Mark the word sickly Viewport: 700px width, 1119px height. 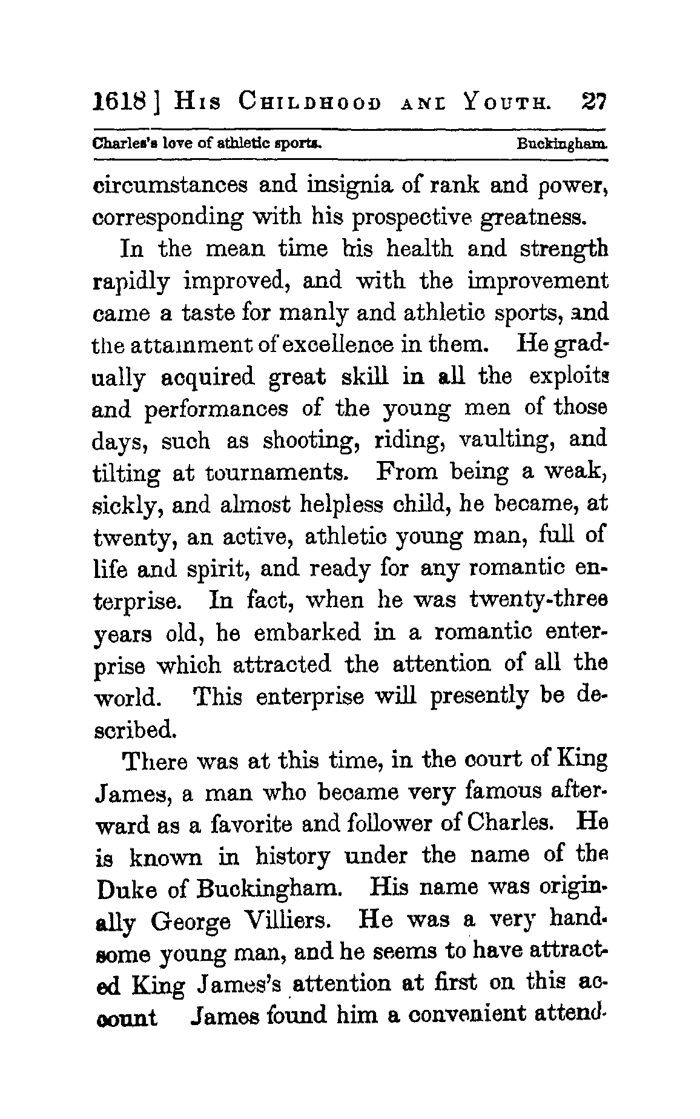click(126, 505)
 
